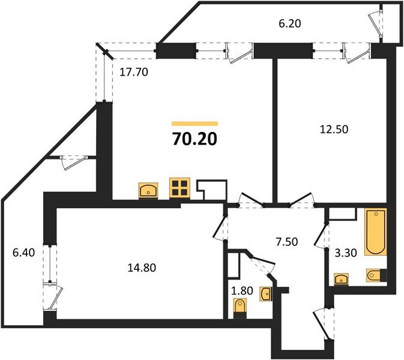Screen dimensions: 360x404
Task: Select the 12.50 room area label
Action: coord(331,128)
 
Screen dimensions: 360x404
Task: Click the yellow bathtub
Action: coord(375,232)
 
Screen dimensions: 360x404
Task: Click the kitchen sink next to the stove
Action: coord(148,191)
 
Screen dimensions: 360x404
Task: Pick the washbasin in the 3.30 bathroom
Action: coord(342,278)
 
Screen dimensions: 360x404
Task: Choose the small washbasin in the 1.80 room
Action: coord(267,293)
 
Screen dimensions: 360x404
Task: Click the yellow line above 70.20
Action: coord(194,123)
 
